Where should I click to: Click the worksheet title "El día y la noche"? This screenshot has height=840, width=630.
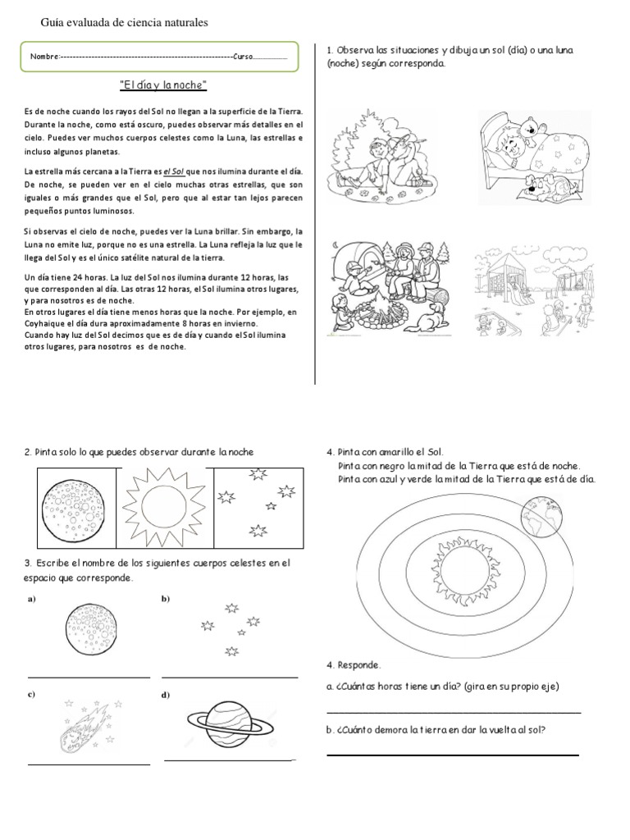(x=162, y=85)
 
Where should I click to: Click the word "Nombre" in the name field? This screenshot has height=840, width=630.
(x=44, y=57)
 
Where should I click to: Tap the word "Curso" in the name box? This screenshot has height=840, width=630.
(x=244, y=57)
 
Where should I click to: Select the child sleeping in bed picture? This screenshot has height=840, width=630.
(x=533, y=157)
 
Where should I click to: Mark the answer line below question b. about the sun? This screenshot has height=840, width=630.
(x=453, y=754)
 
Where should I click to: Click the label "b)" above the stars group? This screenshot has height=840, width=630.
(x=166, y=599)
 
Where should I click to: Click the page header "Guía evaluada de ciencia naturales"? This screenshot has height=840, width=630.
(x=125, y=22)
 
